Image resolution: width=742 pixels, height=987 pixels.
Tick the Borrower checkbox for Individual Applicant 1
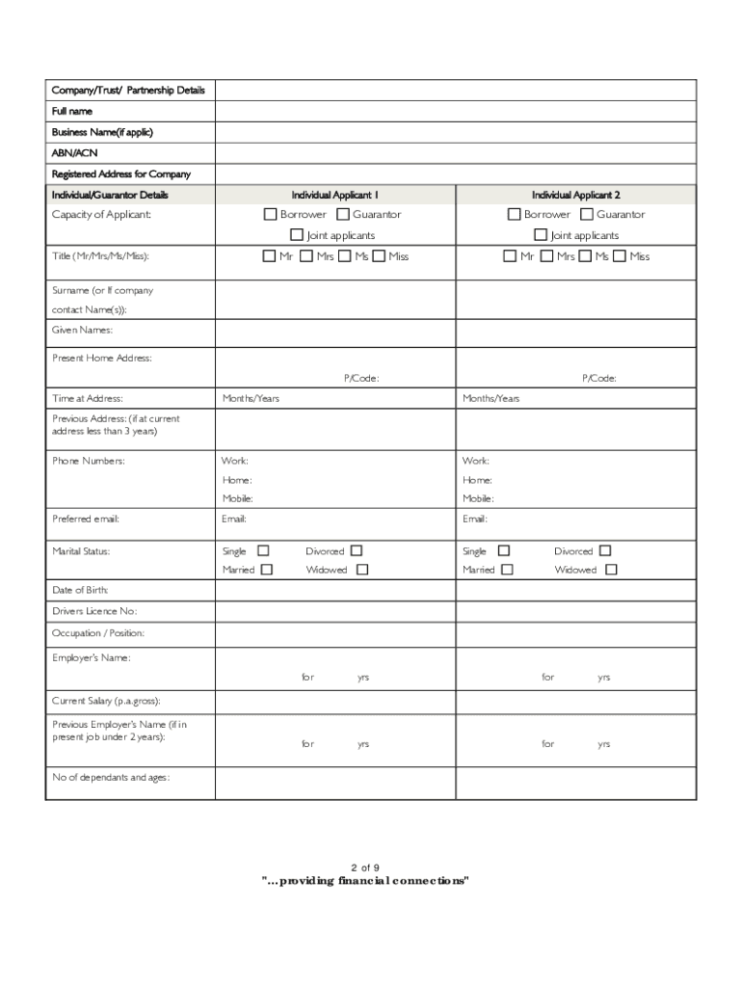point(271,214)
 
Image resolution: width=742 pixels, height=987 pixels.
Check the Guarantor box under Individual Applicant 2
point(587,214)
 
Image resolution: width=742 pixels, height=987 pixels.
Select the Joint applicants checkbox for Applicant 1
point(297,235)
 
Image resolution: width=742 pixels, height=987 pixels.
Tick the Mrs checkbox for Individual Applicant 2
point(546,256)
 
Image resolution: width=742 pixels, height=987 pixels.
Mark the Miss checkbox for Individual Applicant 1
point(379,256)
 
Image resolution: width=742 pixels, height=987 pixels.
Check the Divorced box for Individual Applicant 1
point(357,550)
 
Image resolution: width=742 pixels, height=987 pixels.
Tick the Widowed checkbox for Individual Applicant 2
point(611,570)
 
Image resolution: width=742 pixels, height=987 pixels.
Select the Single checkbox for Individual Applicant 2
point(503,550)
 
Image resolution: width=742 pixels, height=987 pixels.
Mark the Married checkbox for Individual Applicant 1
point(267,570)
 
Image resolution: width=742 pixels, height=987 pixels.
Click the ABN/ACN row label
point(74,153)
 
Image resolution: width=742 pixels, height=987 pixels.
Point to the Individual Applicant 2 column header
point(575,195)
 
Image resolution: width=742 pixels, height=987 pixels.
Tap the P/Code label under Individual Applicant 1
point(361,379)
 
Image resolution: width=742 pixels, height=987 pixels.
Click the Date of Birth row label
point(80,590)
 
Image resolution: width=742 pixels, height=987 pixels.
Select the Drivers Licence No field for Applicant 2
point(575,611)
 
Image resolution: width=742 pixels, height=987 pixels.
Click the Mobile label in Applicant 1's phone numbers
point(237,498)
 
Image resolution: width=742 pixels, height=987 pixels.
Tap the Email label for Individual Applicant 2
point(475,519)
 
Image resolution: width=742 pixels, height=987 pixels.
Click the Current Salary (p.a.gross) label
point(106,701)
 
